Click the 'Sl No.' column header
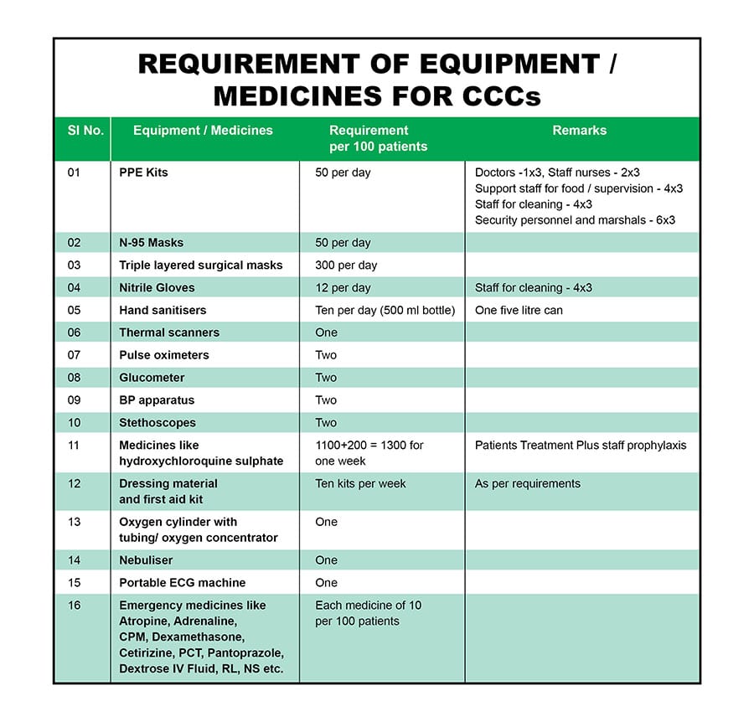coord(85,131)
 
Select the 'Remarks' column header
coord(579,131)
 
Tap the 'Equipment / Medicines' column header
coord(203,131)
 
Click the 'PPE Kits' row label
coord(143,173)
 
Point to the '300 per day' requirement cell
coord(346,266)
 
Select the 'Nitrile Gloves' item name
coord(157,288)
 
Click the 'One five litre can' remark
coord(519,311)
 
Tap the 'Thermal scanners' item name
coord(169,333)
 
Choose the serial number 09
coord(75,400)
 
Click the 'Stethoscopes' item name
coord(158,423)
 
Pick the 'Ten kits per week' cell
coord(360,484)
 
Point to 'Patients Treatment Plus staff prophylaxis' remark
coord(580,446)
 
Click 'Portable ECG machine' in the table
coord(181,583)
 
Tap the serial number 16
coord(75,606)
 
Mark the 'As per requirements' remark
coord(527,484)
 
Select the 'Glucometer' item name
coord(152,378)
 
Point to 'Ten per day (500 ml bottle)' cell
coord(385,311)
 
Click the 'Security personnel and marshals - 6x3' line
coord(575,220)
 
